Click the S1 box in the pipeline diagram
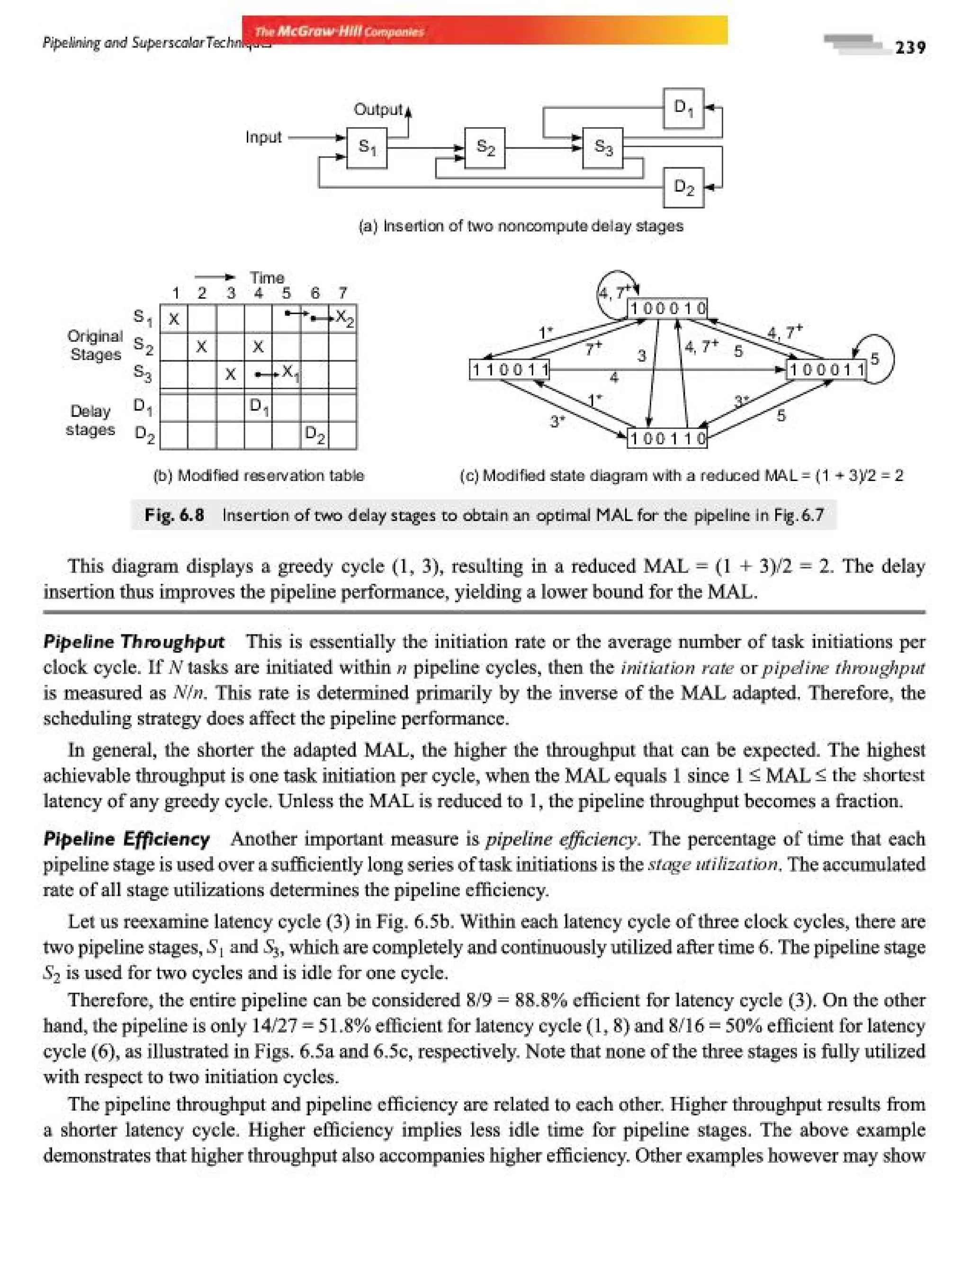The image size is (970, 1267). [x=367, y=148]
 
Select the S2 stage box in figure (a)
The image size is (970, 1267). [x=485, y=148]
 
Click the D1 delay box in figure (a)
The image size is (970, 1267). [x=683, y=108]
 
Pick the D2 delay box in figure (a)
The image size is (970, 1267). [x=683, y=187]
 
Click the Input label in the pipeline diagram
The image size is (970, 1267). [x=263, y=137]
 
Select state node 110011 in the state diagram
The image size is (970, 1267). [x=510, y=369]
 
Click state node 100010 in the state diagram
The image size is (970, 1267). [x=667, y=308]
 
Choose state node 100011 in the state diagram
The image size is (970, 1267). [x=827, y=369]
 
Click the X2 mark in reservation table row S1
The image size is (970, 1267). [x=344, y=318]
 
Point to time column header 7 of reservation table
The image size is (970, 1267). [x=342, y=293]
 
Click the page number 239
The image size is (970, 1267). [x=910, y=47]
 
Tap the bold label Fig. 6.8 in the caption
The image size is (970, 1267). [x=174, y=514]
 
